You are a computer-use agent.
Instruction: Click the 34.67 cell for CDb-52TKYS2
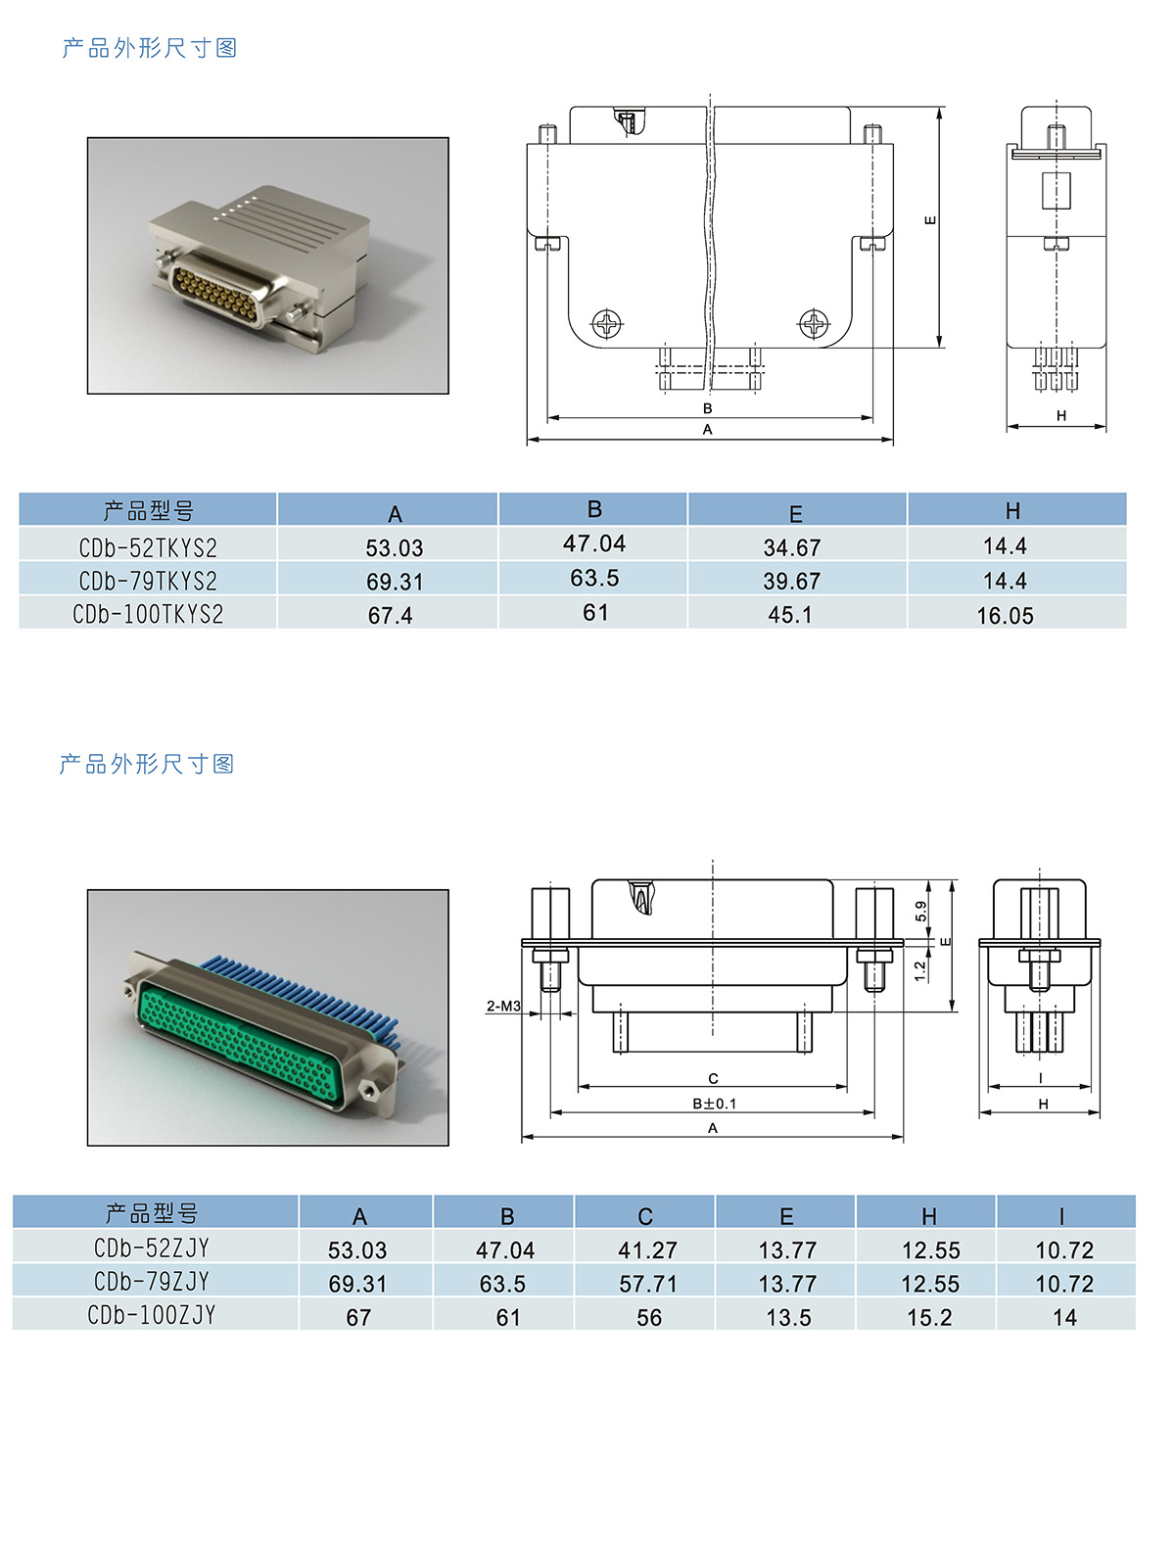pyautogui.click(x=791, y=547)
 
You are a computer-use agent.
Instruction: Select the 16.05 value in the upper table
pyautogui.click(x=1005, y=616)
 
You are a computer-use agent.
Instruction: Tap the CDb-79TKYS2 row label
pyautogui.click(x=148, y=581)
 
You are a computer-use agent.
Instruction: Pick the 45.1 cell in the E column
pyautogui.click(x=790, y=614)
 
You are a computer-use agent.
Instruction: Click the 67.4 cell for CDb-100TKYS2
pyautogui.click(x=390, y=616)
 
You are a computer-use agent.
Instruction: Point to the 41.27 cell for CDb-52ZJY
pyautogui.click(x=647, y=1249)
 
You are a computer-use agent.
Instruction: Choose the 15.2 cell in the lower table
pyautogui.click(x=929, y=1317)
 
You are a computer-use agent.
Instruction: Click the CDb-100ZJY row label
pyautogui.click(x=152, y=1315)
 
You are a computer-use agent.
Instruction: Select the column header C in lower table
pyautogui.click(x=644, y=1216)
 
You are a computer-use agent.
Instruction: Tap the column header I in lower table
pyautogui.click(x=1061, y=1216)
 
